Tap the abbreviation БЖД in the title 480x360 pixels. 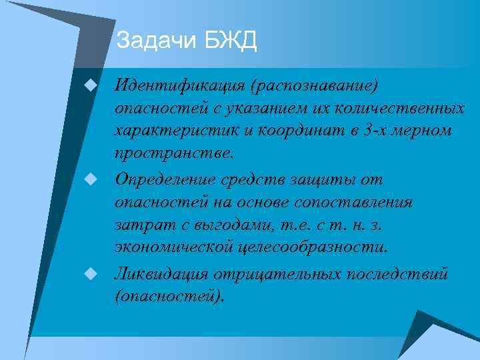230,41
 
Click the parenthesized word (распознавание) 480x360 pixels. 314,85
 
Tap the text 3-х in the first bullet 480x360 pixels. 377,130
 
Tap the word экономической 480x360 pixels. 174,247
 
